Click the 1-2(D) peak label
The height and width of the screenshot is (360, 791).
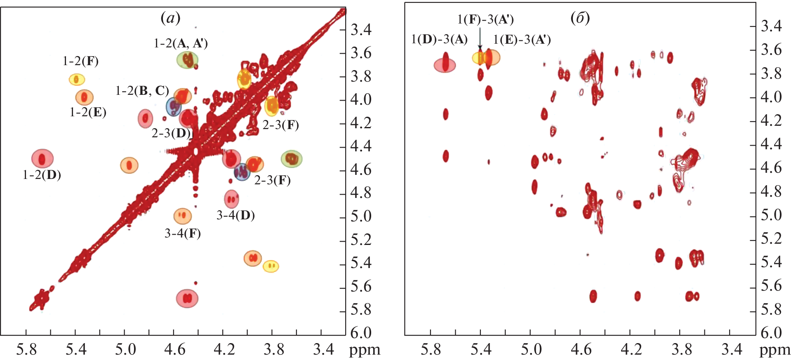(42, 175)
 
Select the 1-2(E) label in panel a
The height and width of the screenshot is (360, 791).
(88, 112)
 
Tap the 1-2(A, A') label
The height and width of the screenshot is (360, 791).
(181, 43)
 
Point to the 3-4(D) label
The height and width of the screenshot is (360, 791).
(235, 215)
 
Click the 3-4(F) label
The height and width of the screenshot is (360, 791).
(183, 234)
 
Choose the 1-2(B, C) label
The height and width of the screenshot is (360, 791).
(142, 91)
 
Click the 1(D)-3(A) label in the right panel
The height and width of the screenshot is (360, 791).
(439, 40)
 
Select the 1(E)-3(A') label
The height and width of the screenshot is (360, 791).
(522, 40)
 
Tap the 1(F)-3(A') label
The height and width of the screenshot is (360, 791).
(485, 19)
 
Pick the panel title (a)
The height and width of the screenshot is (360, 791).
(170, 18)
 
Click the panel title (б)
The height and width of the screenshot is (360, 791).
(580, 18)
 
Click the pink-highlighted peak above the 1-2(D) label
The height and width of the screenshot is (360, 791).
(42, 159)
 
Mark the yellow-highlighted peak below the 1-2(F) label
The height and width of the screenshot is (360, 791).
(76, 79)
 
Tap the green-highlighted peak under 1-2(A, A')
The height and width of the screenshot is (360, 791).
(188, 60)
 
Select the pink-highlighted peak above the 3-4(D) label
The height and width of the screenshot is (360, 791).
(232, 199)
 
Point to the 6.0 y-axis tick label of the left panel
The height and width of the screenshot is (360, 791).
(361, 333)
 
